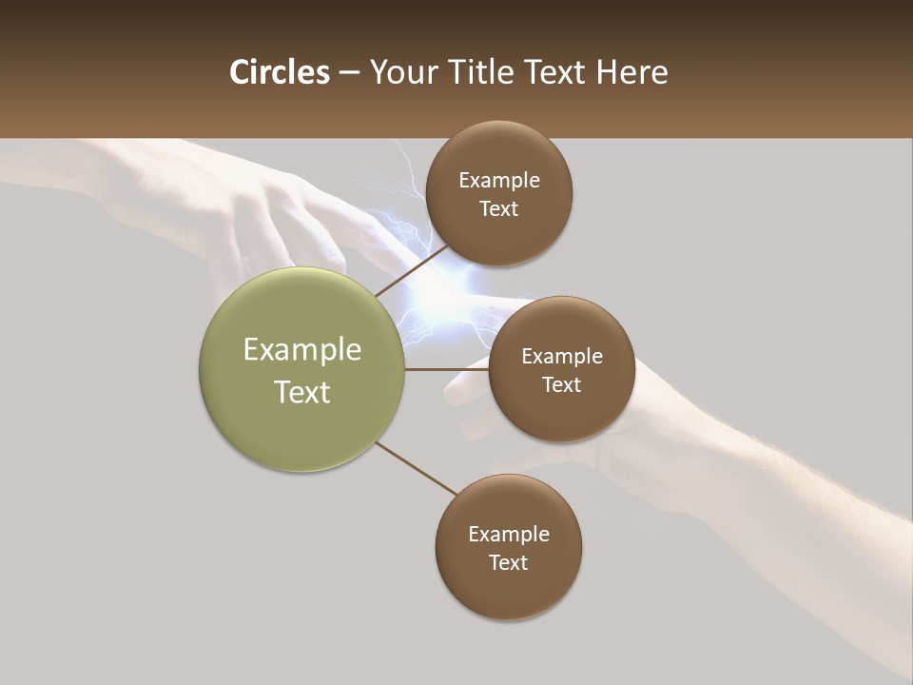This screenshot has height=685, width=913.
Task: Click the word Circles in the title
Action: click(280, 72)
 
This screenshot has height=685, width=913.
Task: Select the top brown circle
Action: click(499, 233)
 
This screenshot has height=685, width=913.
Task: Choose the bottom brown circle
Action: click(509, 590)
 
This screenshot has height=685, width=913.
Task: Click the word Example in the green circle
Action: click(302, 350)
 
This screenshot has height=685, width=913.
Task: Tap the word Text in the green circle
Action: click(302, 392)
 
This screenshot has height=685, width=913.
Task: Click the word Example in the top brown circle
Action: click(499, 181)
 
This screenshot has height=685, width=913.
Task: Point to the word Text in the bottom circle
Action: click(508, 562)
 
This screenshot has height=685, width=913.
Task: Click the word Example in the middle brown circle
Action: click(562, 357)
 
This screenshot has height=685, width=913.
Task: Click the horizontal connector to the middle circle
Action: click(446, 369)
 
